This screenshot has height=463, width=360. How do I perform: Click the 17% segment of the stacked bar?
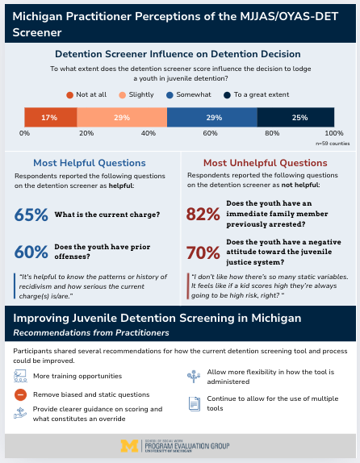coord(50,117)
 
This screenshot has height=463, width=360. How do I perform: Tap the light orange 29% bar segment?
coord(122,117)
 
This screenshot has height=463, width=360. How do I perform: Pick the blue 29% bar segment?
coord(211,117)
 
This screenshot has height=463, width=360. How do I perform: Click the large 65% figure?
coord(31,215)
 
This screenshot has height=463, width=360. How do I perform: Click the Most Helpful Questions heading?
coord(90,162)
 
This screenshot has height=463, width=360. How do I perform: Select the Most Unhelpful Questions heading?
coord(265,162)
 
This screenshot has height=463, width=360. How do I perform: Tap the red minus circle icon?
coord(21,394)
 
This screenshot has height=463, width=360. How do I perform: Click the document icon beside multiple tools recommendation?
coord(193,405)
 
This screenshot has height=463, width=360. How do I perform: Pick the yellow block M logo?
coord(128,446)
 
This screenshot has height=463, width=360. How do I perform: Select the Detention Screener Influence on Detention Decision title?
coord(180,53)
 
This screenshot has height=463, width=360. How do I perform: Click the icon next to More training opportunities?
coord(21,376)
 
